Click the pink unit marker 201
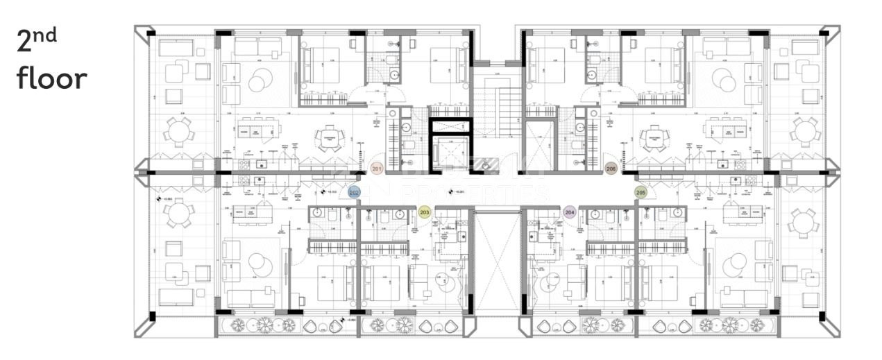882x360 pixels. point(377,169)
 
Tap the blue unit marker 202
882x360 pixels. point(354,194)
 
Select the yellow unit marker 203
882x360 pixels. point(425,212)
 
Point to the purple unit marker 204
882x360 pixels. point(570,212)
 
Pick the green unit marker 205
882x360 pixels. point(641,192)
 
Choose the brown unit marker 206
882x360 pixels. point(611,169)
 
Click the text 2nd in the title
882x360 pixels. point(36,42)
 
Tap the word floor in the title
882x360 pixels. point(51,78)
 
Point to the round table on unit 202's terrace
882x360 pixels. point(179,212)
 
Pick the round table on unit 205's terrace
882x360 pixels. point(804,223)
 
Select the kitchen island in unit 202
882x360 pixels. point(253,215)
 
